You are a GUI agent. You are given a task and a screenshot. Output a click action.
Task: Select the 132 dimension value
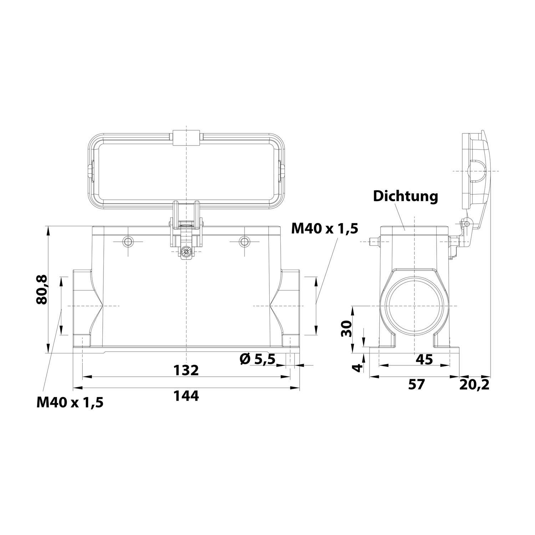coord(186,370)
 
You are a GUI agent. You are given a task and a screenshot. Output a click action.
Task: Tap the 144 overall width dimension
coord(186,396)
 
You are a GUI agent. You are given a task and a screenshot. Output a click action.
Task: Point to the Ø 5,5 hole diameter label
coord(258,359)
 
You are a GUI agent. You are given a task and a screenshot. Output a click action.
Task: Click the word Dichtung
coord(406,196)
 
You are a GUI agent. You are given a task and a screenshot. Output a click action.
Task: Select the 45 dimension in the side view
coord(424,359)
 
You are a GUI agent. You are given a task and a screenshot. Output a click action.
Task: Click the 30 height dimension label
coord(346,328)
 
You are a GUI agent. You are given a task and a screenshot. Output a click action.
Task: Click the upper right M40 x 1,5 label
coord(324,228)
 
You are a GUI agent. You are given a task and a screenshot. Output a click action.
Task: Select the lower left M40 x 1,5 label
coord(70,403)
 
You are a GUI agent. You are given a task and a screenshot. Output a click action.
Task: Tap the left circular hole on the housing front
coord(128,242)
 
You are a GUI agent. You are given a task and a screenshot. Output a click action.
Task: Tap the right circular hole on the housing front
coord(244,242)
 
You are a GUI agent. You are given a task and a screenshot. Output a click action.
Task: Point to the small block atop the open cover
coord(185,138)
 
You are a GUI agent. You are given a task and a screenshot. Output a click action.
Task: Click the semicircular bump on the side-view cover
coord(478,171)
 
